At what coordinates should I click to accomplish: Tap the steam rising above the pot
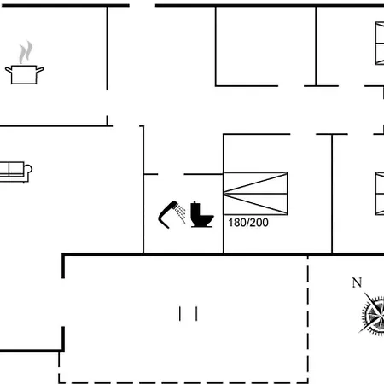(x=26, y=52)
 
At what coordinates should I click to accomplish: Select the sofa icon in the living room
(x=15, y=172)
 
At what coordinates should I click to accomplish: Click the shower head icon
(x=172, y=215)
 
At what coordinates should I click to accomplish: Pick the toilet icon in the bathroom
(x=201, y=214)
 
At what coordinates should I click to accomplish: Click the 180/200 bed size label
(x=248, y=223)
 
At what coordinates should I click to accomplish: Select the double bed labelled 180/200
(x=255, y=194)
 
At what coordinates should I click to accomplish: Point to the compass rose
(x=372, y=315)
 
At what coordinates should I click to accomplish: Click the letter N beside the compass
(x=357, y=282)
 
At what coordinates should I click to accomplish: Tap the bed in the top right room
(x=380, y=44)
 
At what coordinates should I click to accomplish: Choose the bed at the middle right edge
(x=380, y=194)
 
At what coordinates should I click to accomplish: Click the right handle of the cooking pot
(x=40, y=70)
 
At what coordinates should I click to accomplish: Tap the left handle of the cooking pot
(x=9, y=70)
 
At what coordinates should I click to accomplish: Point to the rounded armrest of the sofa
(x=28, y=169)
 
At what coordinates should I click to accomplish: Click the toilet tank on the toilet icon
(x=195, y=212)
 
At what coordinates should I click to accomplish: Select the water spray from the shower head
(x=180, y=214)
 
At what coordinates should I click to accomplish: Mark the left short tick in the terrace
(x=180, y=313)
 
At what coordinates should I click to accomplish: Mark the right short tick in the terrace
(x=196, y=313)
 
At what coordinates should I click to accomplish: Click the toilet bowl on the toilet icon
(x=207, y=219)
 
